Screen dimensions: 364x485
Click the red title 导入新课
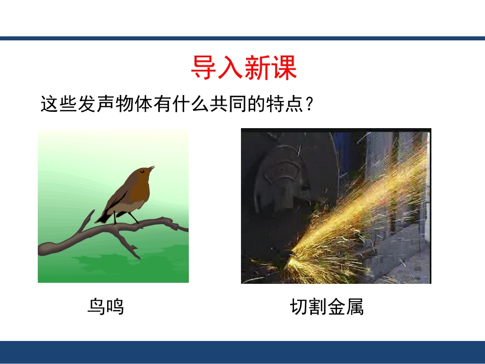click(x=244, y=68)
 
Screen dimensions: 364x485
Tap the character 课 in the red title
click(x=284, y=68)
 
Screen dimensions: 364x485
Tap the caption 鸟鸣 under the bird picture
click(x=106, y=307)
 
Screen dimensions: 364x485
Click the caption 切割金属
click(x=327, y=307)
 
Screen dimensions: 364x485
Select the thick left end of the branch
click(x=46, y=249)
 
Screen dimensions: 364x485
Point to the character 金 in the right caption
click(x=336, y=307)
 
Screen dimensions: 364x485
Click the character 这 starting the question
click(x=49, y=105)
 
